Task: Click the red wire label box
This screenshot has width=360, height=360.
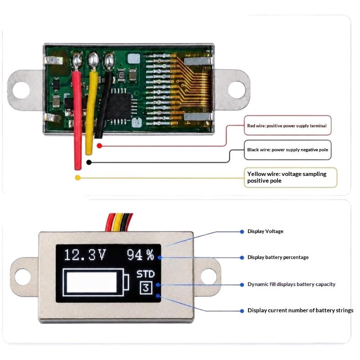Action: pyautogui.click(x=288, y=126)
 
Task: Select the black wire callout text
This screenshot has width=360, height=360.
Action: pyautogui.click(x=288, y=150)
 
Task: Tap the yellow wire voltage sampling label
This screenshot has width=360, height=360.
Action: pyautogui.click(x=287, y=177)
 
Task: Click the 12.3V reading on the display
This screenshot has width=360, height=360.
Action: pyautogui.click(x=85, y=255)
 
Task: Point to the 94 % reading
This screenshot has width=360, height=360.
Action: pyautogui.click(x=140, y=255)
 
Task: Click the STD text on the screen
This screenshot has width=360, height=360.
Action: pyautogui.click(x=145, y=274)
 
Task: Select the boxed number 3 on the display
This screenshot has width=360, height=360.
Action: pyautogui.click(x=146, y=288)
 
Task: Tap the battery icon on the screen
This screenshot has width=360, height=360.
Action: pyautogui.click(x=96, y=282)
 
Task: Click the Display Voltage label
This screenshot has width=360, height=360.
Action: pyautogui.click(x=265, y=231)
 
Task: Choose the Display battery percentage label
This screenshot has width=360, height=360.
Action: pyautogui.click(x=278, y=257)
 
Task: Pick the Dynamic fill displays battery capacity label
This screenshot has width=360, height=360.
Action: pyautogui.click(x=291, y=284)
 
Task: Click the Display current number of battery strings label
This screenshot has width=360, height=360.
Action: pyautogui.click(x=300, y=310)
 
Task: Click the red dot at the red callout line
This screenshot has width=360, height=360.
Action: pyautogui.click(x=99, y=146)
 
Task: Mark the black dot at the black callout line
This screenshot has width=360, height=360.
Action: pyautogui.click(x=89, y=162)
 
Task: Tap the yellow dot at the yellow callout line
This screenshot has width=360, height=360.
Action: pyautogui.click(x=78, y=178)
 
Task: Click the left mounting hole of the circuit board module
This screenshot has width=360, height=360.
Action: pyautogui.click(x=21, y=90)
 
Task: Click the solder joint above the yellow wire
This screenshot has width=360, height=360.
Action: pyautogui.click(x=94, y=60)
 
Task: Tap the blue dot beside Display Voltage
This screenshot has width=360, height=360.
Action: pyautogui.click(x=242, y=232)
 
